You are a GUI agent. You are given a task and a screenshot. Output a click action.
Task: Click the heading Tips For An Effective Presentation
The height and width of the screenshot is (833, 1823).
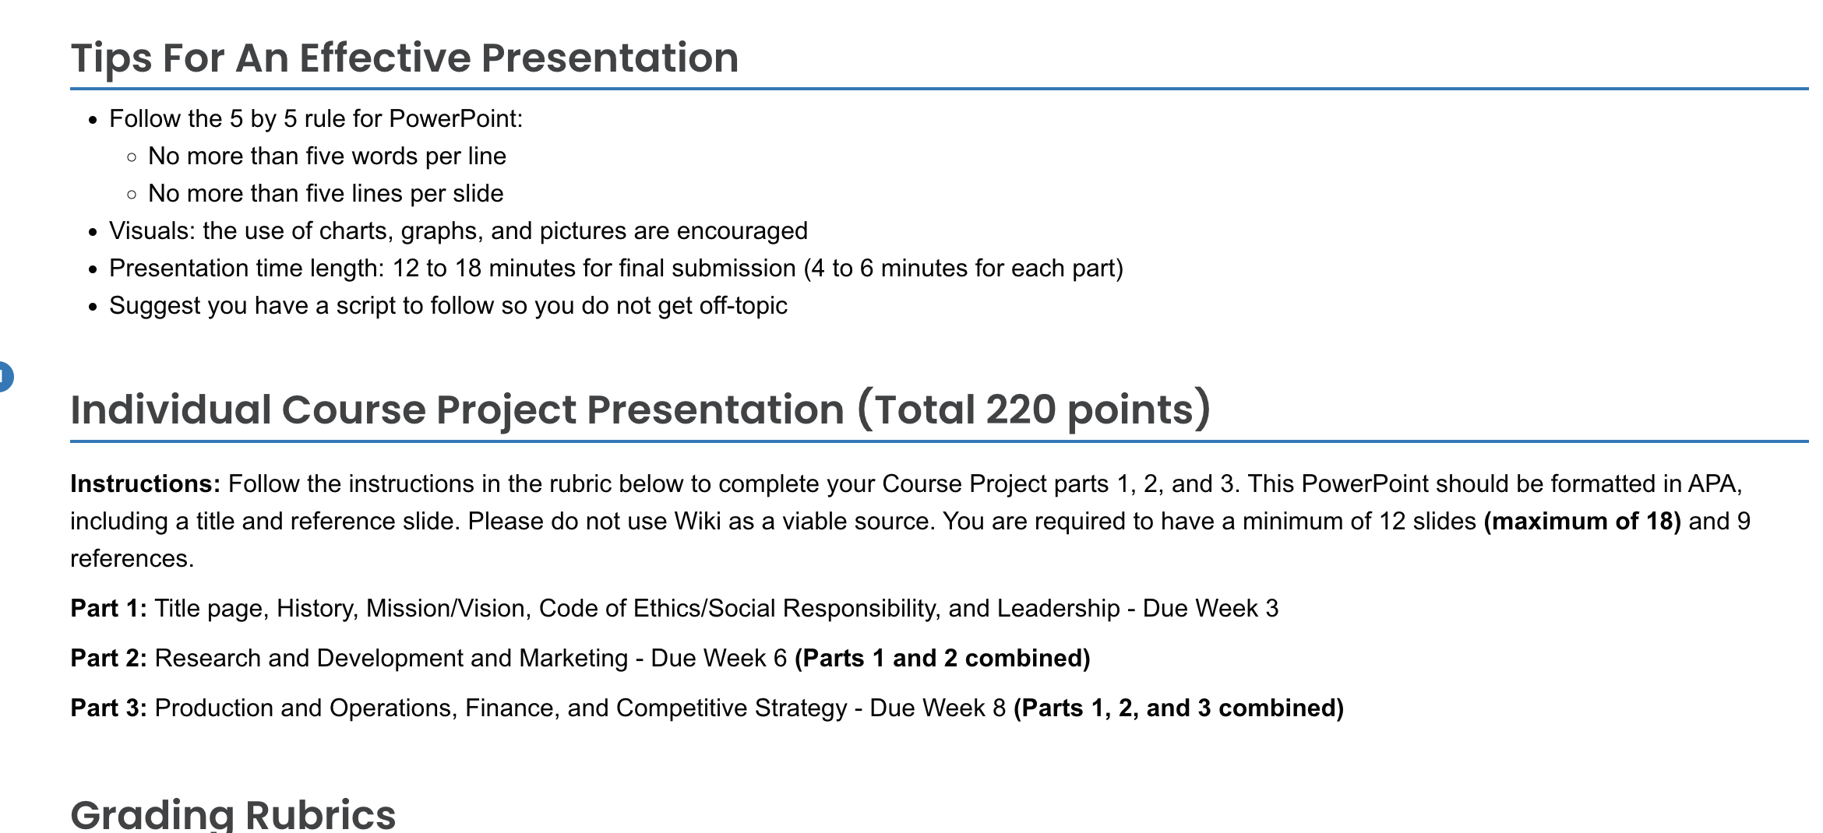click(404, 58)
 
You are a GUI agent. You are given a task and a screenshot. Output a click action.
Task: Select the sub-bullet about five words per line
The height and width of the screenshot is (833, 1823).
click(327, 156)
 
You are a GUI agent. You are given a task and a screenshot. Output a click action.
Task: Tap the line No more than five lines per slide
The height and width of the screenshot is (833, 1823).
click(326, 194)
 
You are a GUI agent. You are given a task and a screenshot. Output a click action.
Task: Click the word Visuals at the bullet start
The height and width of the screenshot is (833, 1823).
click(152, 231)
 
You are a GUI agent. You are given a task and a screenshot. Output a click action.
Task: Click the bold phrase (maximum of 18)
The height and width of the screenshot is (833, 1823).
click(1582, 522)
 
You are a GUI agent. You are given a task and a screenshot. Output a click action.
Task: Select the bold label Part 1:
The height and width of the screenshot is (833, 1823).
click(108, 609)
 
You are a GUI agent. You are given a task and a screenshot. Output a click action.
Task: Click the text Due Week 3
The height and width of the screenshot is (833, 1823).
click(1210, 609)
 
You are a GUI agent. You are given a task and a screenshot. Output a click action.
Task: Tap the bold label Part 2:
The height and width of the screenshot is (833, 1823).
click(108, 659)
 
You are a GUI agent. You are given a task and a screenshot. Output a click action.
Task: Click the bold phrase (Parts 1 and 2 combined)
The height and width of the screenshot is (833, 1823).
click(942, 659)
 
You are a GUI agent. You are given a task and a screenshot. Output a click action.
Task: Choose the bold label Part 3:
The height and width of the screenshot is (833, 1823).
click(108, 708)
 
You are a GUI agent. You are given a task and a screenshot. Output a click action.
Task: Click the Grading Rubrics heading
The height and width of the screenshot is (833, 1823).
click(233, 814)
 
